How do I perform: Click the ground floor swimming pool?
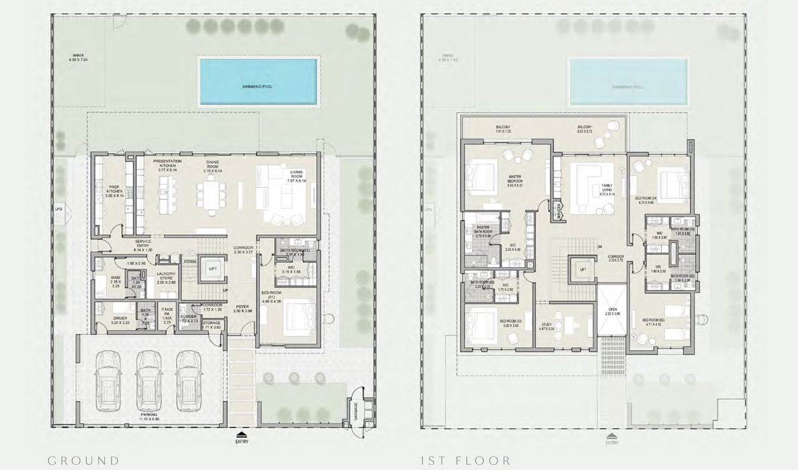(257, 82)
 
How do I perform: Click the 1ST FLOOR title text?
(465, 461)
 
